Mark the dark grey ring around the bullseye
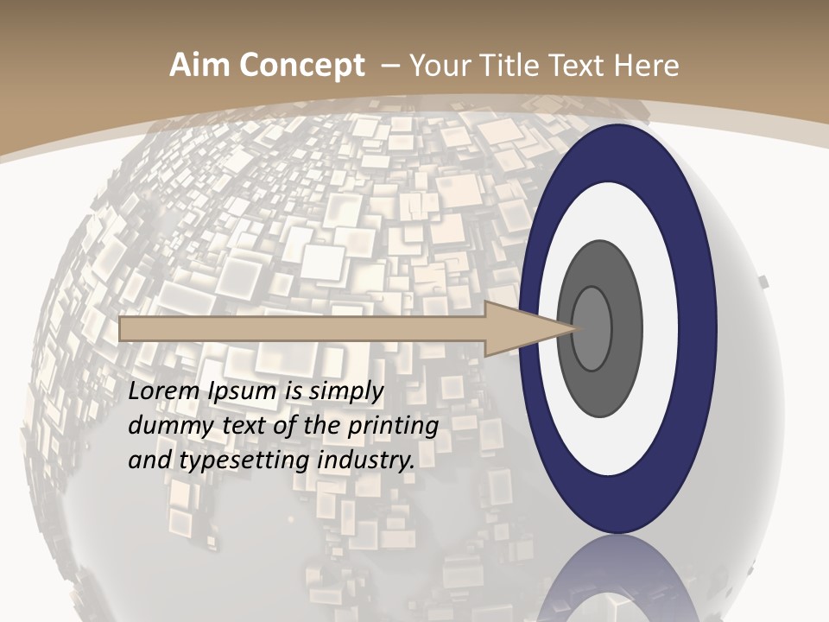click(604, 268)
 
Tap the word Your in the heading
click(438, 66)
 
